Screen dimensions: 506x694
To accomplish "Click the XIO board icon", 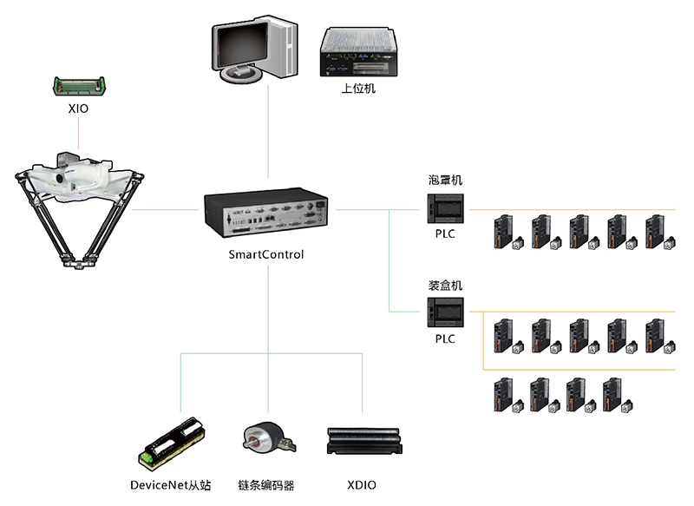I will [79, 86].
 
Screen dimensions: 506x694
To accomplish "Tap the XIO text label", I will [79, 110].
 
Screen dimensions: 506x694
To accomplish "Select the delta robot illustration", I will [79, 208].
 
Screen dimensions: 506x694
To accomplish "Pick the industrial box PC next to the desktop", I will [358, 51].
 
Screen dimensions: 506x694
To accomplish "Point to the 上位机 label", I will [358, 89].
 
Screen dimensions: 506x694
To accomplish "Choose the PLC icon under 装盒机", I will [445, 312].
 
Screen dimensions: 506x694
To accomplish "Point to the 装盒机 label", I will [445, 285].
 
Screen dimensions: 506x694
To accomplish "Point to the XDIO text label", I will [363, 484].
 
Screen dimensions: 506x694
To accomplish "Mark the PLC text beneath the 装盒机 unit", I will [445, 338].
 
